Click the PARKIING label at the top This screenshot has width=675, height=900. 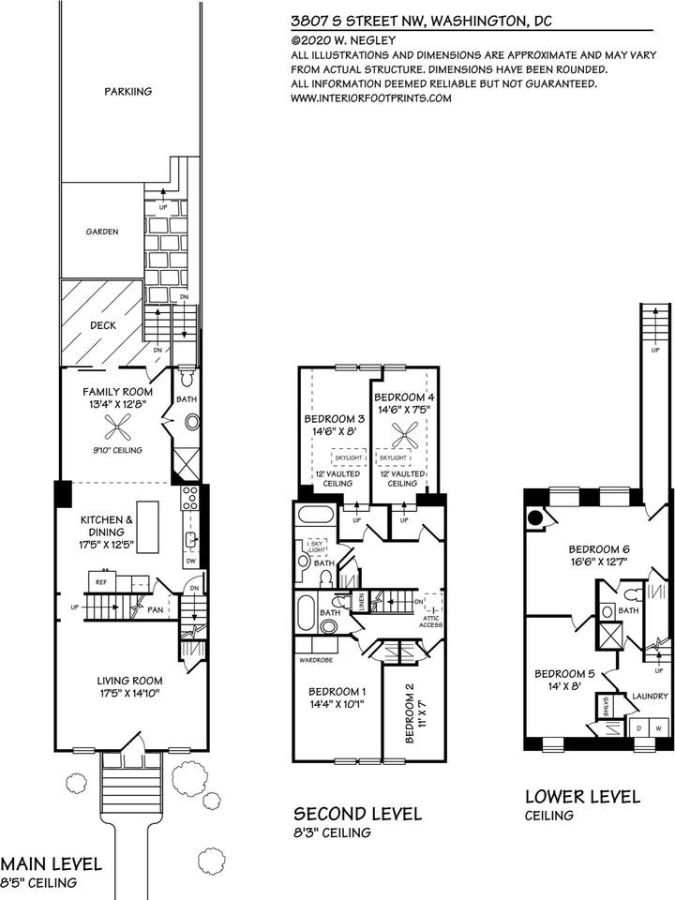click(x=128, y=92)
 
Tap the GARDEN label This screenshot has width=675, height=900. click(x=102, y=231)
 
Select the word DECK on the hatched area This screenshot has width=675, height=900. click(x=102, y=326)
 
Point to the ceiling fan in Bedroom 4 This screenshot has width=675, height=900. click(x=405, y=434)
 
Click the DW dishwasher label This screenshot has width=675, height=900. click(x=190, y=561)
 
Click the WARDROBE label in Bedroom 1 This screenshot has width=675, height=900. click(x=318, y=659)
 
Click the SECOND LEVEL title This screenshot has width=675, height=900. click(x=358, y=813)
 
